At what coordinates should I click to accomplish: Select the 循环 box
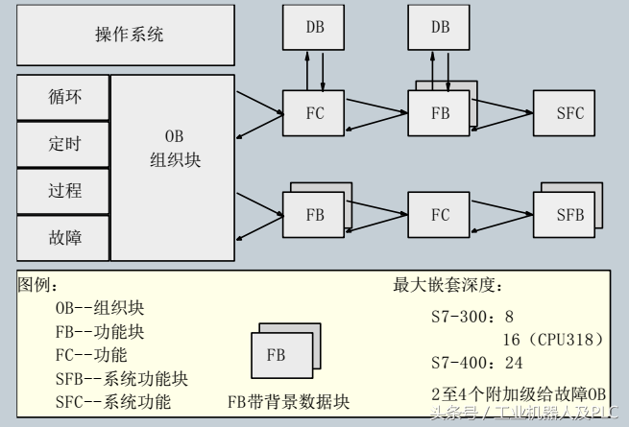[64, 98]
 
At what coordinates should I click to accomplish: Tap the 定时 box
[64, 144]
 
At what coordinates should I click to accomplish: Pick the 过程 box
[64, 190]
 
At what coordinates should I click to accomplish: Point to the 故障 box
[64, 236]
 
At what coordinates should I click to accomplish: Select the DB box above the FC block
[314, 28]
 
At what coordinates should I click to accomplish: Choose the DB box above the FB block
[440, 28]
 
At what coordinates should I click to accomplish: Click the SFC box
[569, 113]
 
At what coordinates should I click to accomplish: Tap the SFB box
[569, 215]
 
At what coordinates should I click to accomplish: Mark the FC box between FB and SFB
[440, 215]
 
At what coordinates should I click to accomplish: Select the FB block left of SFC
[440, 113]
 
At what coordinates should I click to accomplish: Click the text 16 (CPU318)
[552, 339]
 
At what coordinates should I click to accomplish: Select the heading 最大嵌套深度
[448, 285]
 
